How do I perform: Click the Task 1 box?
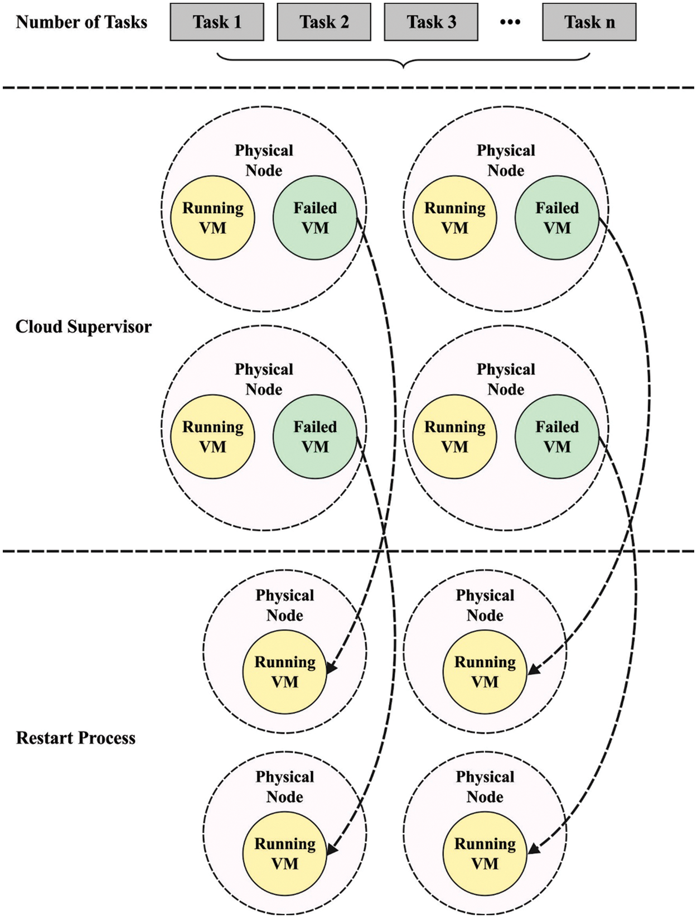pos(217,22)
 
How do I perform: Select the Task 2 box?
pos(324,22)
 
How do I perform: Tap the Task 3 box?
pos(431,22)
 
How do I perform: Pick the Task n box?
pos(589,22)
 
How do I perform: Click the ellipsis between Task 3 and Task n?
pos(510,23)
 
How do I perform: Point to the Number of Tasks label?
pos(81,22)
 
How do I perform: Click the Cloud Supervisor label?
pos(83,327)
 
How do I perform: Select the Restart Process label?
pos(75,738)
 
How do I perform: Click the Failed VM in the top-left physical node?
pos(315,218)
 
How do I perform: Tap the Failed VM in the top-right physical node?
pos(557,218)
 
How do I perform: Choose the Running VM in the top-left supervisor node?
pos(212,218)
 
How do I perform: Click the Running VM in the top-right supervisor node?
pos(454,218)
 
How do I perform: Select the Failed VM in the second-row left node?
pos(315,436)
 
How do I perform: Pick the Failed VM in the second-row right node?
pos(557,436)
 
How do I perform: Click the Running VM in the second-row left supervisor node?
pos(212,436)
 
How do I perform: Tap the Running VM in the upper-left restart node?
pos(284,672)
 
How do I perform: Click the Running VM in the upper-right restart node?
pos(485,672)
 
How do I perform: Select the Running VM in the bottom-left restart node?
pos(284,853)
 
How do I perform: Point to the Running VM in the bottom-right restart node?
pos(485,853)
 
